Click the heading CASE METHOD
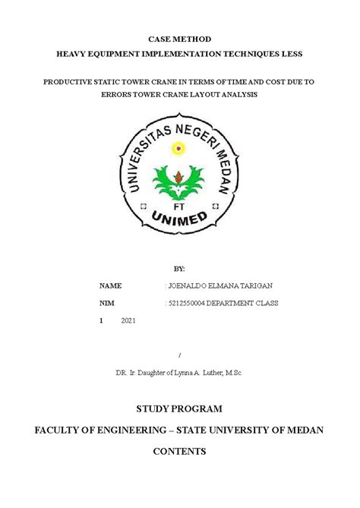(x=179, y=38)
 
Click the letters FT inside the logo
(x=179, y=206)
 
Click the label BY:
(x=179, y=269)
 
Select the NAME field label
(x=110, y=286)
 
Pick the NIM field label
(x=107, y=303)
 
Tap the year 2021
(x=128, y=321)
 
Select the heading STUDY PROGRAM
(x=179, y=408)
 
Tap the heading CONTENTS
(x=179, y=451)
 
